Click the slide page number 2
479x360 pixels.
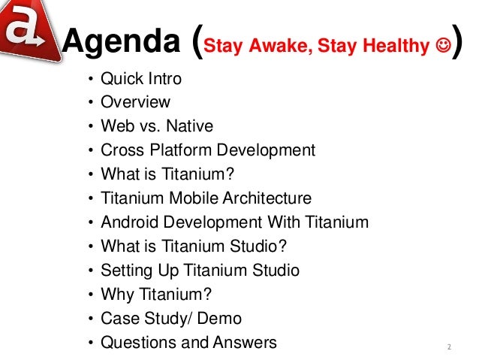(448, 347)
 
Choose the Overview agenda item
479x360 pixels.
(136, 102)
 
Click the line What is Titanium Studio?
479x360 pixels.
(194, 247)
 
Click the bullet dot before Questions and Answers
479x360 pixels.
(91, 343)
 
